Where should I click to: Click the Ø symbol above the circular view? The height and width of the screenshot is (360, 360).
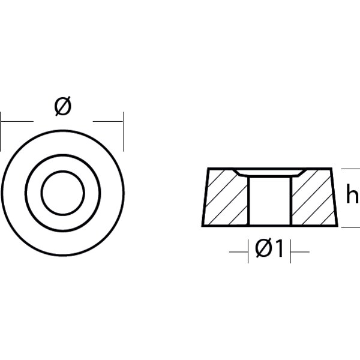point(62,107)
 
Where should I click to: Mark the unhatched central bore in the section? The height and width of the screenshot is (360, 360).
point(270,201)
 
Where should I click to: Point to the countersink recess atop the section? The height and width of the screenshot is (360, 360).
point(270,172)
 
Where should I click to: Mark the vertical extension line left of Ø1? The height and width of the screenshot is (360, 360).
point(248,249)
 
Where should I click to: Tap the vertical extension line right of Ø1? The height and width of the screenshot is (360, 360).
point(292,249)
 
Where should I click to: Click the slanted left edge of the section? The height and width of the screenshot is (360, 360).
point(204,198)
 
